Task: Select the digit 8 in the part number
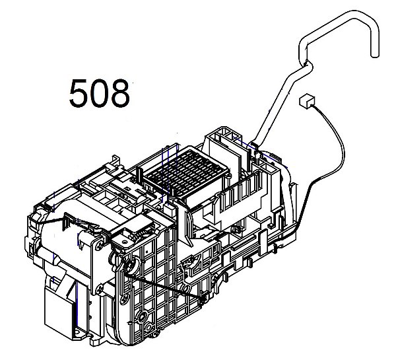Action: pyautogui.click(x=119, y=93)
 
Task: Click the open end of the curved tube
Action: pyautogui.click(x=375, y=54)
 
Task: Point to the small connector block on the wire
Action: pyautogui.click(x=306, y=100)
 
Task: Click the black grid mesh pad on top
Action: pyautogui.click(x=184, y=171)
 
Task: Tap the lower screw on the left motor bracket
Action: pyautogui.click(x=100, y=289)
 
